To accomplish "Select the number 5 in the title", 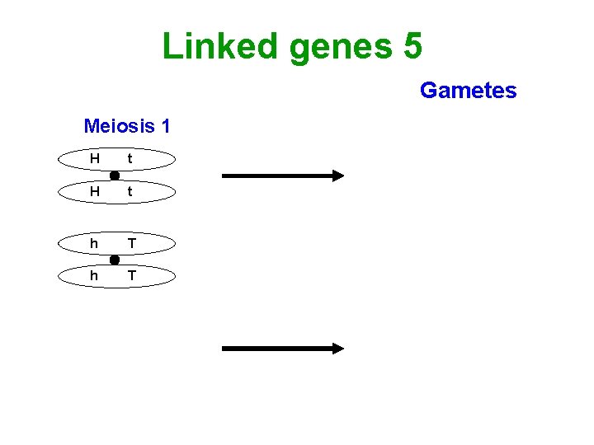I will pyautogui.click(x=412, y=45).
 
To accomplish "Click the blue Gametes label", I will pyautogui.click(x=468, y=90).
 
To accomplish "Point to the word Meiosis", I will pyautogui.click(x=119, y=126).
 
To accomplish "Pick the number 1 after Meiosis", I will pyautogui.click(x=165, y=126).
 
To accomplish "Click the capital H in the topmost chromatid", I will pyautogui.click(x=95, y=158).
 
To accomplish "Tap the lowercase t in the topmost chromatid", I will pyautogui.click(x=130, y=158).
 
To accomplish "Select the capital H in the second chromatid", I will pyautogui.click(x=95, y=191).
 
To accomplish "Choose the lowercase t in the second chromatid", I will pyautogui.click(x=130, y=191).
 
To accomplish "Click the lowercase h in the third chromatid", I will pyautogui.click(x=95, y=243).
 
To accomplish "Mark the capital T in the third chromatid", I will pyautogui.click(x=130, y=243).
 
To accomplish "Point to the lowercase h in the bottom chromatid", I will pyautogui.click(x=95, y=276).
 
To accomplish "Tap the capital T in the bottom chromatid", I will pyautogui.click(x=130, y=276).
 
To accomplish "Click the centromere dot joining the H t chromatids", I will pyautogui.click(x=115, y=176).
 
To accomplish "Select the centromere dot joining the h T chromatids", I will pyautogui.click(x=115, y=260).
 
